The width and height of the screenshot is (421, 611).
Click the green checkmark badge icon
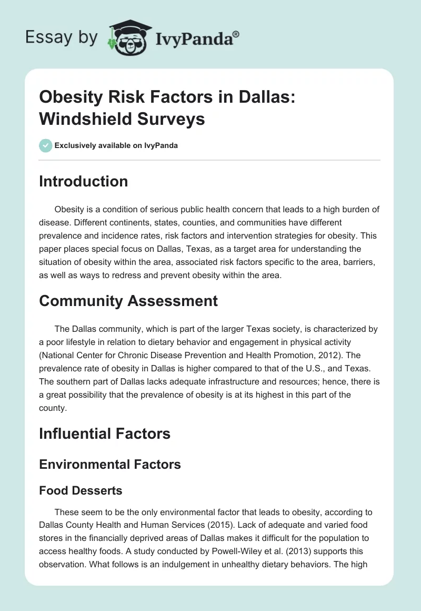click(x=46, y=145)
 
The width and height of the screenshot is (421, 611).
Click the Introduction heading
click(x=83, y=181)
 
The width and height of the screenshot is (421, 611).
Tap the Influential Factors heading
click(x=105, y=433)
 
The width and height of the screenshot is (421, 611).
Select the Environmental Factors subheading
click(x=110, y=464)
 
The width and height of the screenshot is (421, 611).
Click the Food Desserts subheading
click(x=81, y=490)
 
